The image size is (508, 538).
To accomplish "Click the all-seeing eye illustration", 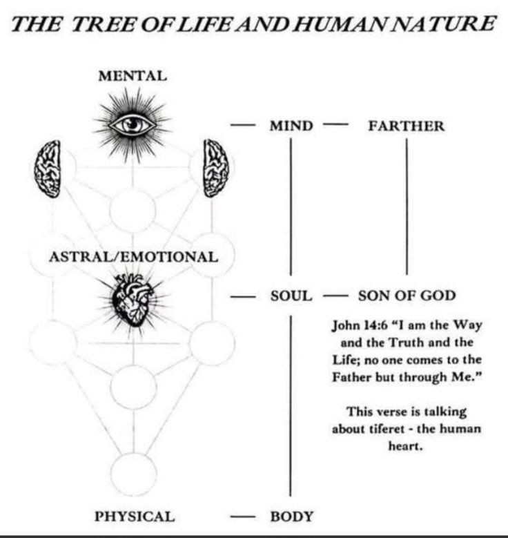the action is pos(133,124).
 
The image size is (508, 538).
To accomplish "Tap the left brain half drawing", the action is pos(48,168).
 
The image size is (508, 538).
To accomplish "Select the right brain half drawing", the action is pos(215,168).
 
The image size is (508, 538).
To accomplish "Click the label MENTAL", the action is pos(133,76).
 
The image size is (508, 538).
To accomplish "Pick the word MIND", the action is pos(291,126).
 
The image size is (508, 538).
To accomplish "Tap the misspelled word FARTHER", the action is pos(406,126).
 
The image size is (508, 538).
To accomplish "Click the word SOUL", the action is pos(291,296).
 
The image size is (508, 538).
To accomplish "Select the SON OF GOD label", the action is pos(407,296).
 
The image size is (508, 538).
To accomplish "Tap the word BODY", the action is pos(291,515).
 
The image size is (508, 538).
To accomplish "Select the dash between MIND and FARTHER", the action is pos(333,126).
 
